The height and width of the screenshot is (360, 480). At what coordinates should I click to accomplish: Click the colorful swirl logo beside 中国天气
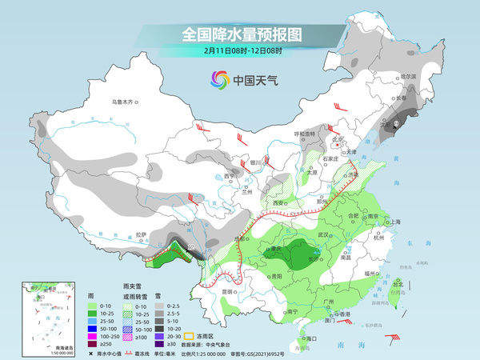coord(218,79)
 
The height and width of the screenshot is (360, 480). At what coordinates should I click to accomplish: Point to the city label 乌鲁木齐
coord(126,102)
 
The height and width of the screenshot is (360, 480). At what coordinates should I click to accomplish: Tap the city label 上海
coord(394,222)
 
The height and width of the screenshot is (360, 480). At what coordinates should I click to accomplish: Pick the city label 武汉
coord(323,235)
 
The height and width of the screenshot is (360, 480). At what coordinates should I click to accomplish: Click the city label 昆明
coord(229,291)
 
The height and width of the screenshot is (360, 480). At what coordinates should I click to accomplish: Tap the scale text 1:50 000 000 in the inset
coord(40,353)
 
